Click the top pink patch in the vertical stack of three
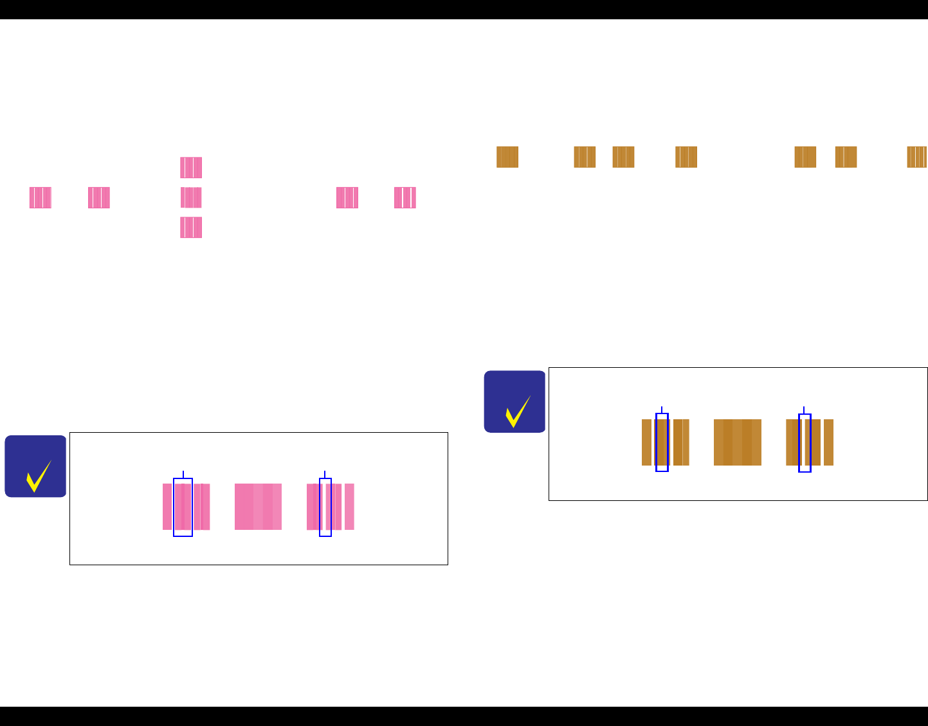click(x=191, y=167)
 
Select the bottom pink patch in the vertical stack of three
click(x=191, y=228)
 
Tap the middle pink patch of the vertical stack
click(x=191, y=197)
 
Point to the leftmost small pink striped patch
click(x=40, y=197)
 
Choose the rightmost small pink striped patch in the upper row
click(x=405, y=197)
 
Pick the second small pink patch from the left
click(x=99, y=197)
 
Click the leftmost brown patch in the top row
click(x=507, y=157)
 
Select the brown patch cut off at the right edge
click(x=917, y=157)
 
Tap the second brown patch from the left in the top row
click(x=585, y=157)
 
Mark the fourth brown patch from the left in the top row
click(x=686, y=157)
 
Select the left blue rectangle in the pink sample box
click(x=183, y=507)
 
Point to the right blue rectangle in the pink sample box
click(x=325, y=507)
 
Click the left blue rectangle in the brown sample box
click(x=662, y=442)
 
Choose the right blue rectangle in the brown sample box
click(x=805, y=442)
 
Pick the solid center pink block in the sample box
click(x=258, y=507)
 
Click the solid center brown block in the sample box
click(x=738, y=442)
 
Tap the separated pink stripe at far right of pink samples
click(x=349, y=507)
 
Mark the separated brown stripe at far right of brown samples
click(x=828, y=442)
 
